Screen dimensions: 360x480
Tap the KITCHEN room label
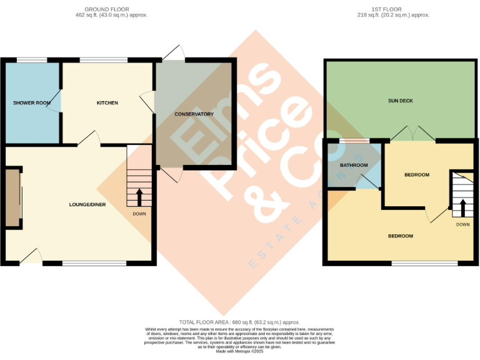(x=107, y=102)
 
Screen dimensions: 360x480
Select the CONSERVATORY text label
(x=194, y=114)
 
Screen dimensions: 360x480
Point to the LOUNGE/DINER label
(x=87, y=205)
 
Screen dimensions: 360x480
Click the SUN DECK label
(x=400, y=101)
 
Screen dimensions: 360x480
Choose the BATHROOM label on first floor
(x=353, y=165)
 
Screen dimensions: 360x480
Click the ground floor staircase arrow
(x=139, y=198)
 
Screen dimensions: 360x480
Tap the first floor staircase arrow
(x=462, y=207)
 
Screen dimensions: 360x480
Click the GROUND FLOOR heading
(x=107, y=9)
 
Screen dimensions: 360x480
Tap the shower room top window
(x=31, y=60)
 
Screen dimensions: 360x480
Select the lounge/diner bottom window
(x=94, y=263)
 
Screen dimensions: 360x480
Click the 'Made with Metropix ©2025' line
(x=240, y=352)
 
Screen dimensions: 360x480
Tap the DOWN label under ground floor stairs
(x=139, y=214)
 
